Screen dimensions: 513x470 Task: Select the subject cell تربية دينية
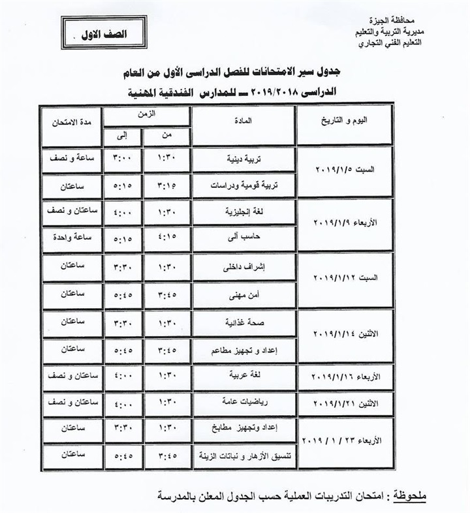[x=242, y=159]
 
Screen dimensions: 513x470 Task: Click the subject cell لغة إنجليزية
[x=242, y=213]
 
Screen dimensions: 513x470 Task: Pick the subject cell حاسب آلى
[x=242, y=239]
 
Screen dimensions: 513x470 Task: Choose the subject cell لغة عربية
[x=242, y=377]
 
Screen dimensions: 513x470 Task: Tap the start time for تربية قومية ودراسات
[x=166, y=185]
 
